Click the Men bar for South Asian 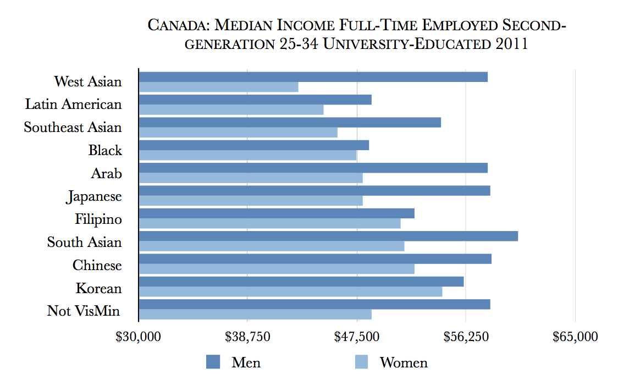tap(328, 236)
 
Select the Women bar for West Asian tap(218, 87)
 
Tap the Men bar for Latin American tap(255, 100)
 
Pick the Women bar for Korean tap(290, 291)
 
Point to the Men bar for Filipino tap(277, 213)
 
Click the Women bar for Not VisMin tap(255, 314)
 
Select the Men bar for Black tap(253, 145)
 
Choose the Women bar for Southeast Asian tap(238, 133)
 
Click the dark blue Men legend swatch tap(213, 362)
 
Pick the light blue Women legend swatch tap(361, 362)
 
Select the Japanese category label tap(94, 197)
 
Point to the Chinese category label tap(97, 266)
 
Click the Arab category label tap(107, 174)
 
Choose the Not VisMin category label tap(84, 311)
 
